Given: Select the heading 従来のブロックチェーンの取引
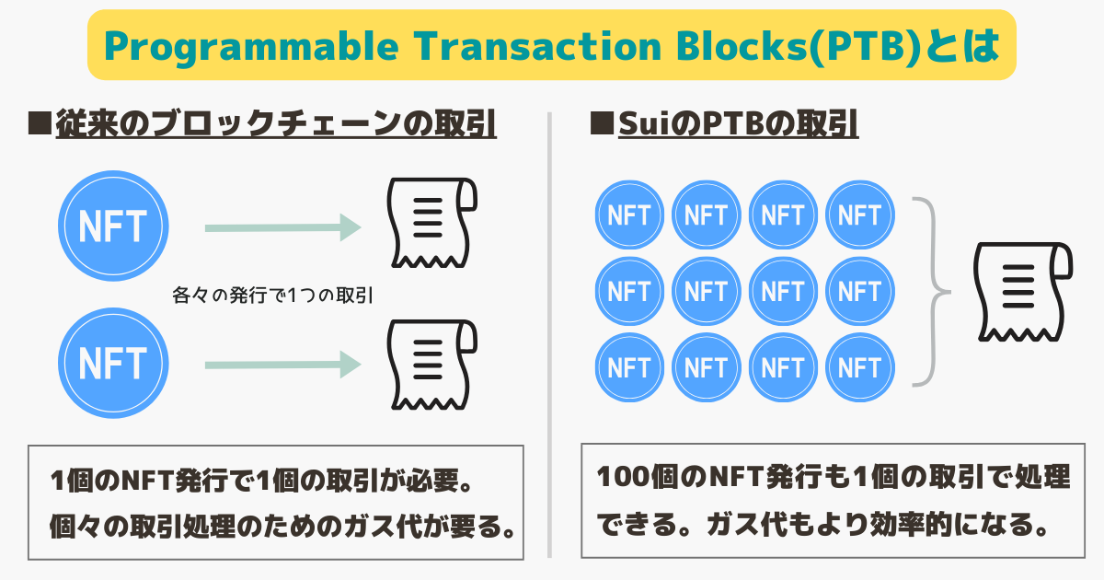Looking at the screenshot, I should coord(275,124).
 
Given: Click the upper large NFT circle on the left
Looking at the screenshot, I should coord(113,226).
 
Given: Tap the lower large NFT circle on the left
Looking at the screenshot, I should coord(113,362).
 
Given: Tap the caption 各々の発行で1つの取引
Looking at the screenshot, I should coord(271,296).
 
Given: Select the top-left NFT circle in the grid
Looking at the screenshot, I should coord(630,215).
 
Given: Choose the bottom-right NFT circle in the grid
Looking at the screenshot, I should coord(860,367).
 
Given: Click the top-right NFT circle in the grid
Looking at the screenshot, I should coord(860,215).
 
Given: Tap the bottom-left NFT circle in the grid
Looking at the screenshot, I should coord(630,367).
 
